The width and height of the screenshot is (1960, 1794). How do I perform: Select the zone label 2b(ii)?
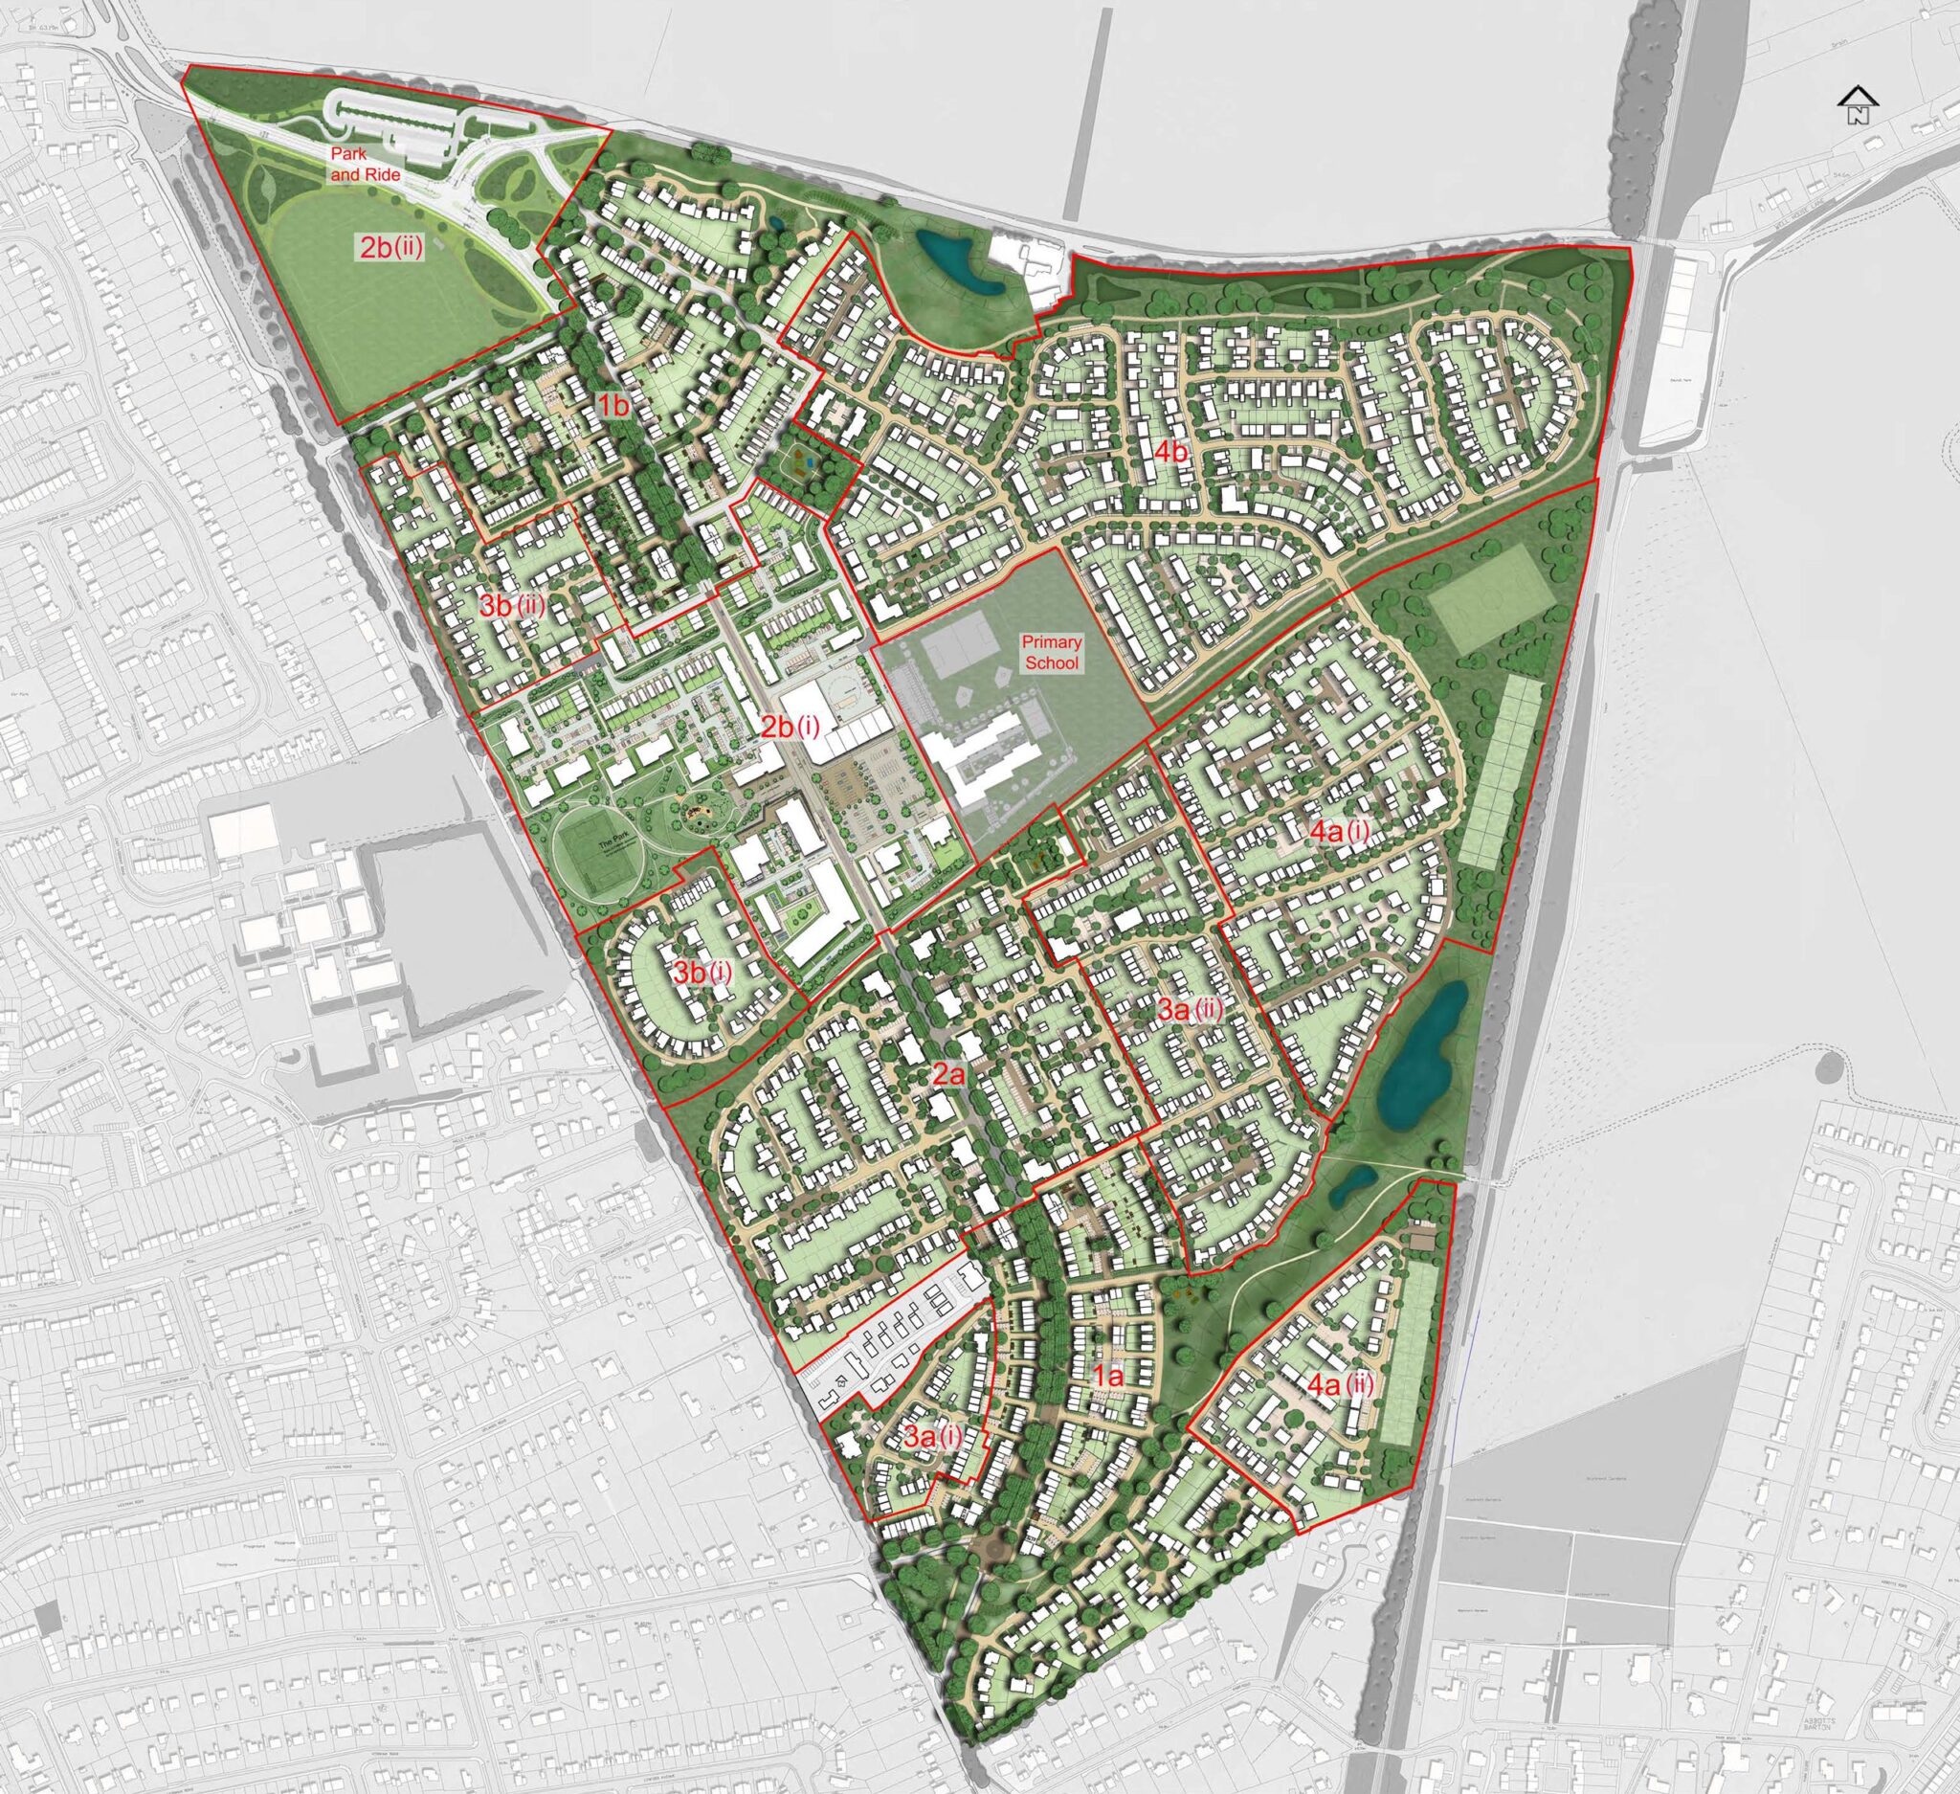[391, 247]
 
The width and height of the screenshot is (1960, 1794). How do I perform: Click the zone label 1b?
[614, 407]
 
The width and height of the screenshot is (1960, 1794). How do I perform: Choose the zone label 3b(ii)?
[512, 605]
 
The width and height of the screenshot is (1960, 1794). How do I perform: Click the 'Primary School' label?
[1051, 653]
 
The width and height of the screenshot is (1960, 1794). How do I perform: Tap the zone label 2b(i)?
[791, 727]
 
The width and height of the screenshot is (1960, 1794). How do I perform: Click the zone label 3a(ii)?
[1190, 1010]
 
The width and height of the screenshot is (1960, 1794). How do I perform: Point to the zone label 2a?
[948, 1073]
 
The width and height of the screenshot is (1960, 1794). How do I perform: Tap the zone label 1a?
[1108, 1376]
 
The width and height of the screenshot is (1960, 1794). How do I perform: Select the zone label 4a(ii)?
[1341, 1384]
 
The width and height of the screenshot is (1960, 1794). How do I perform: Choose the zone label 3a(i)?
[933, 1436]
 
